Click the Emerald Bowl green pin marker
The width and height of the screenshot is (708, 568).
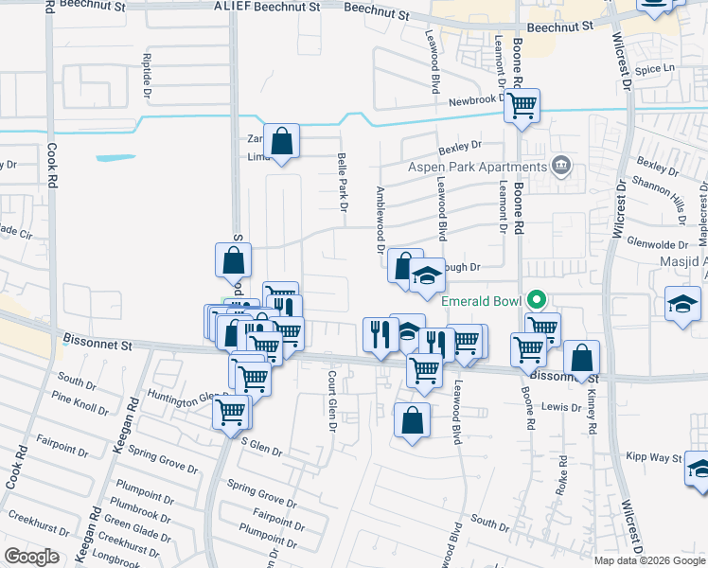coord(537,301)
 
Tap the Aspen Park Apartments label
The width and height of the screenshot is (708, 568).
coord(477,168)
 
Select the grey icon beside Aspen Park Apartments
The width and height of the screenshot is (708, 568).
coord(561,167)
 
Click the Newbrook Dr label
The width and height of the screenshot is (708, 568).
coord(472,101)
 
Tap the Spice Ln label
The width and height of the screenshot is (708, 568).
coord(655,68)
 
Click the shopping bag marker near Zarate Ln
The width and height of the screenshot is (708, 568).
coord(282,142)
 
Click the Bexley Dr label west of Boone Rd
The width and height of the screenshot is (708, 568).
coord(460,147)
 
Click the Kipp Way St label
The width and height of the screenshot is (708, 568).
coord(654,457)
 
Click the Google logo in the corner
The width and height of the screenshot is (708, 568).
coord(31,557)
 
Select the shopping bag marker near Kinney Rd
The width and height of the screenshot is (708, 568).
coord(582,358)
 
